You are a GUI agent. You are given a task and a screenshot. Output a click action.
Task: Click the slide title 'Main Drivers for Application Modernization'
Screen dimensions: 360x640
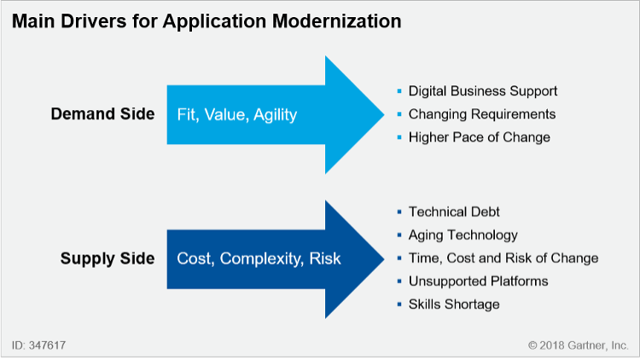point(207,22)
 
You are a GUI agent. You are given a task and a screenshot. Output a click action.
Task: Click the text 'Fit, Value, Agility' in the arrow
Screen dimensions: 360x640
point(236,114)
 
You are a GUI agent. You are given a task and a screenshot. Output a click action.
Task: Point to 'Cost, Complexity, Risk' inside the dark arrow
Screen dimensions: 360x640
point(259,258)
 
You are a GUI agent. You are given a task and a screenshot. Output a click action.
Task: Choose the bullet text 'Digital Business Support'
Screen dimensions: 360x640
point(483,90)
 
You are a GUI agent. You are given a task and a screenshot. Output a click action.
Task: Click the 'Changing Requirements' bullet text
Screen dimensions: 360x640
point(482,113)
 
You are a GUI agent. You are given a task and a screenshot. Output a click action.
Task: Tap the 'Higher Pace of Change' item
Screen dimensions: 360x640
point(479,136)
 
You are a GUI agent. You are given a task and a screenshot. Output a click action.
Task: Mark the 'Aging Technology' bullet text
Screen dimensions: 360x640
point(463,235)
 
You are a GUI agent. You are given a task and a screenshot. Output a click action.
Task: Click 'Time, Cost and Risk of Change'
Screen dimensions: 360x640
point(503,258)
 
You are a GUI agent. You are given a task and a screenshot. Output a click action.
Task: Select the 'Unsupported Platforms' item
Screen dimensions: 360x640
point(478,281)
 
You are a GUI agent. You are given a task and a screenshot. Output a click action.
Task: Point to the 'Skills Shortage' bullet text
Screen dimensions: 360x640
point(454,304)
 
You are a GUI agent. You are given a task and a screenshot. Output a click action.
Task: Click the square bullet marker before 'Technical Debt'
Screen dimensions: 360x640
point(399,212)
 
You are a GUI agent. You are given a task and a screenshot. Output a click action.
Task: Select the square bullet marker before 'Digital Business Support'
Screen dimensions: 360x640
point(399,90)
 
